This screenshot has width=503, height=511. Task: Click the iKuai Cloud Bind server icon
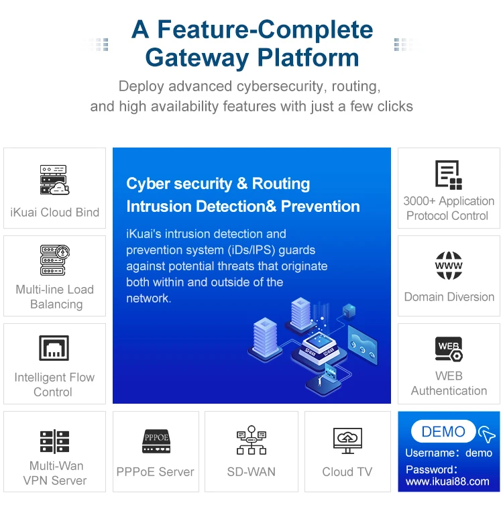[54, 180]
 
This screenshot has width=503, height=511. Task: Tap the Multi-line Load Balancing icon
[54, 260]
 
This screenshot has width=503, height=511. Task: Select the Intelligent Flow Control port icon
[54, 349]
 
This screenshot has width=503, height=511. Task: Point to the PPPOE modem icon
[156, 440]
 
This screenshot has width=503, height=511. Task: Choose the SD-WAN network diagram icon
[251, 440]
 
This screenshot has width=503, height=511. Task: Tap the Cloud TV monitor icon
[347, 440]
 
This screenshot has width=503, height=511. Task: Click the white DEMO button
[443, 432]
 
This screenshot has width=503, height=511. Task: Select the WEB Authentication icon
[449, 349]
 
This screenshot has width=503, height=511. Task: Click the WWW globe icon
[449, 266]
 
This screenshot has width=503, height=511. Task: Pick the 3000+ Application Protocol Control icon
[449, 174]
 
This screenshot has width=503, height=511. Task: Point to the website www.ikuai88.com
[447, 481]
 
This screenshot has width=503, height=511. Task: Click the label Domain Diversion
[449, 297]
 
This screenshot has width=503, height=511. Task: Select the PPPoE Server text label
[156, 472]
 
